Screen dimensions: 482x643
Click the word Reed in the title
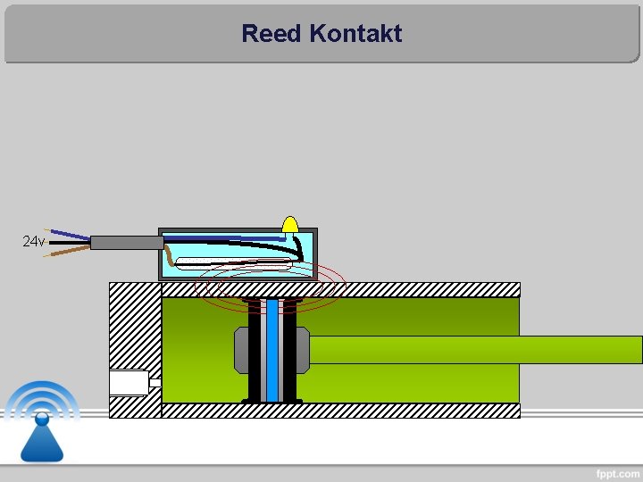(271, 34)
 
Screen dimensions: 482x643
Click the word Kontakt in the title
(355, 34)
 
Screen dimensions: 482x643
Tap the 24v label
(33, 242)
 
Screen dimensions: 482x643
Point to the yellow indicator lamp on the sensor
(290, 224)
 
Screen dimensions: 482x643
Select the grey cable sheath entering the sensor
(126, 242)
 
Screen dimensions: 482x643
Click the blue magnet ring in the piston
(272, 350)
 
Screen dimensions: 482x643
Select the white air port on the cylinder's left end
(129, 382)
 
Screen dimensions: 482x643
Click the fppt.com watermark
(618, 472)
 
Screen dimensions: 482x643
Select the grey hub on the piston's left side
(240, 350)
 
